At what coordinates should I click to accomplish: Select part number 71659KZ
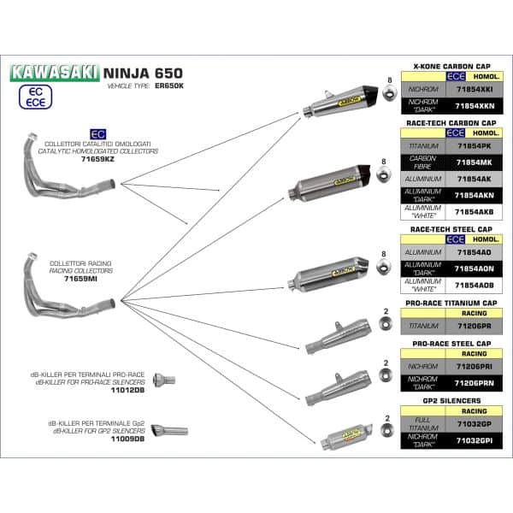tap(97, 160)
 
